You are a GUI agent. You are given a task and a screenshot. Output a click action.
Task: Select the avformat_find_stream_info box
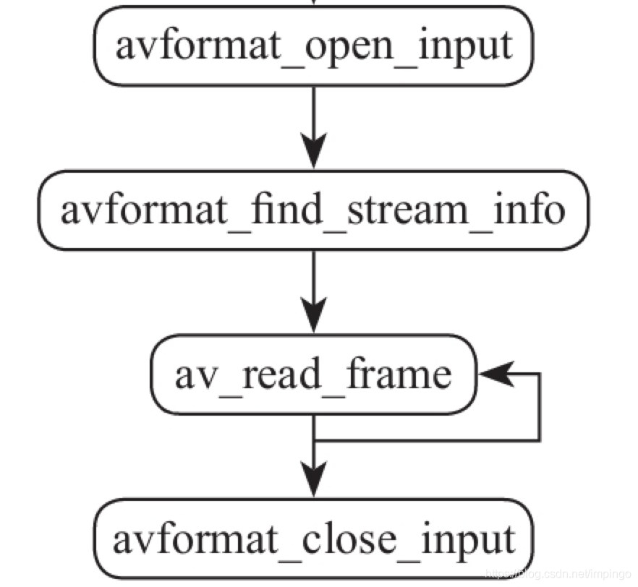point(313,210)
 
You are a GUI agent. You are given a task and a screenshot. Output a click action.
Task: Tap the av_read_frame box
point(313,374)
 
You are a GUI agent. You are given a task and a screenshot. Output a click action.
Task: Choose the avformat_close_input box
point(313,539)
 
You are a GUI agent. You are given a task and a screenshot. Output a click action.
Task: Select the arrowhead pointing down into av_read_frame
point(313,316)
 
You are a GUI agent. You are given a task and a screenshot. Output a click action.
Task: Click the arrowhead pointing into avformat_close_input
point(313,480)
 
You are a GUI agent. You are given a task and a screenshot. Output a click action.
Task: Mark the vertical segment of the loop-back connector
point(539,407)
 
